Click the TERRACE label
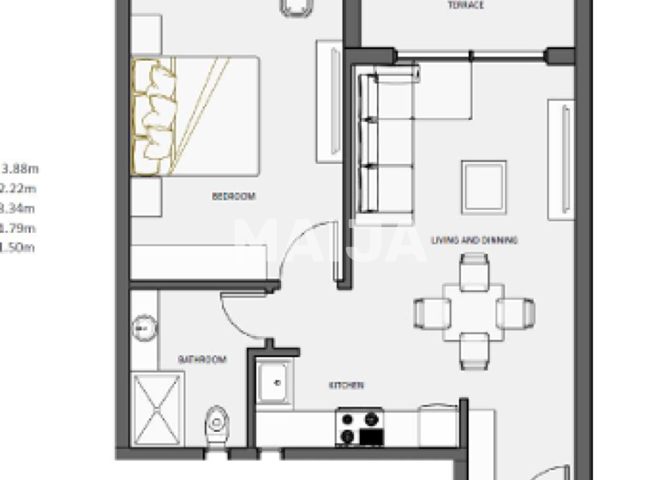[x=465, y=6]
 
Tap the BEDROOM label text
[x=233, y=196]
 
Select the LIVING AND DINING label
[x=474, y=241]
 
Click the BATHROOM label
[x=202, y=360]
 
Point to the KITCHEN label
[x=347, y=386]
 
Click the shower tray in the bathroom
[x=159, y=409]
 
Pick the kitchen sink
[x=274, y=381]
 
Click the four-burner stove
[x=361, y=427]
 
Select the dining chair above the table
[x=474, y=273]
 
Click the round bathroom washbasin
[x=143, y=327]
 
